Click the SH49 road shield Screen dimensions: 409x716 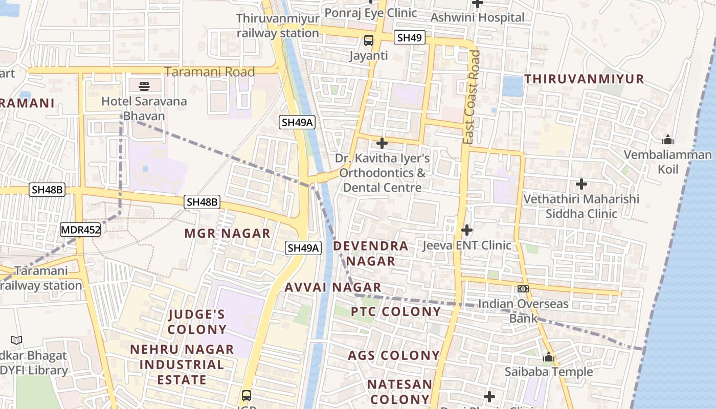click(x=410, y=37)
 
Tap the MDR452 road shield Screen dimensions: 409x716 click(x=80, y=230)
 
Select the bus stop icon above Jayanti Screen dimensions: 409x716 click(x=368, y=40)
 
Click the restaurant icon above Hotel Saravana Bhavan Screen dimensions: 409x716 click(x=144, y=85)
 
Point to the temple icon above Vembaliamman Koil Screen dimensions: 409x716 click(x=667, y=140)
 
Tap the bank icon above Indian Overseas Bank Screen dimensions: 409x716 click(x=523, y=289)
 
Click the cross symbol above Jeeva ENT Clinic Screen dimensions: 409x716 click(x=466, y=230)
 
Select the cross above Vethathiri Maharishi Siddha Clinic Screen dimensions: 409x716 click(x=581, y=184)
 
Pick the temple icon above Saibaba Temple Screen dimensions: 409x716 click(x=549, y=357)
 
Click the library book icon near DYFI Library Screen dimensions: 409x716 click(x=16, y=340)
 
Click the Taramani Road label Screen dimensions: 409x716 click(x=210, y=72)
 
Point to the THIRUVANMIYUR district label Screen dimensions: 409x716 click(x=584, y=79)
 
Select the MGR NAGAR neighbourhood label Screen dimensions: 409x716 click(x=227, y=234)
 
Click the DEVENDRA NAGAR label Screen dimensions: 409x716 click(x=371, y=254)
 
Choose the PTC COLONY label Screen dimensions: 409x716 click(x=396, y=311)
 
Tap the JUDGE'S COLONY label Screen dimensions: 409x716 click(x=197, y=322)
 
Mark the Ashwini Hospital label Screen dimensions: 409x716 click(x=477, y=17)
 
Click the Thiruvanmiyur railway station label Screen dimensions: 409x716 click(x=278, y=26)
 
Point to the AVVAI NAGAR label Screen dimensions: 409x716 click(x=333, y=287)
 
